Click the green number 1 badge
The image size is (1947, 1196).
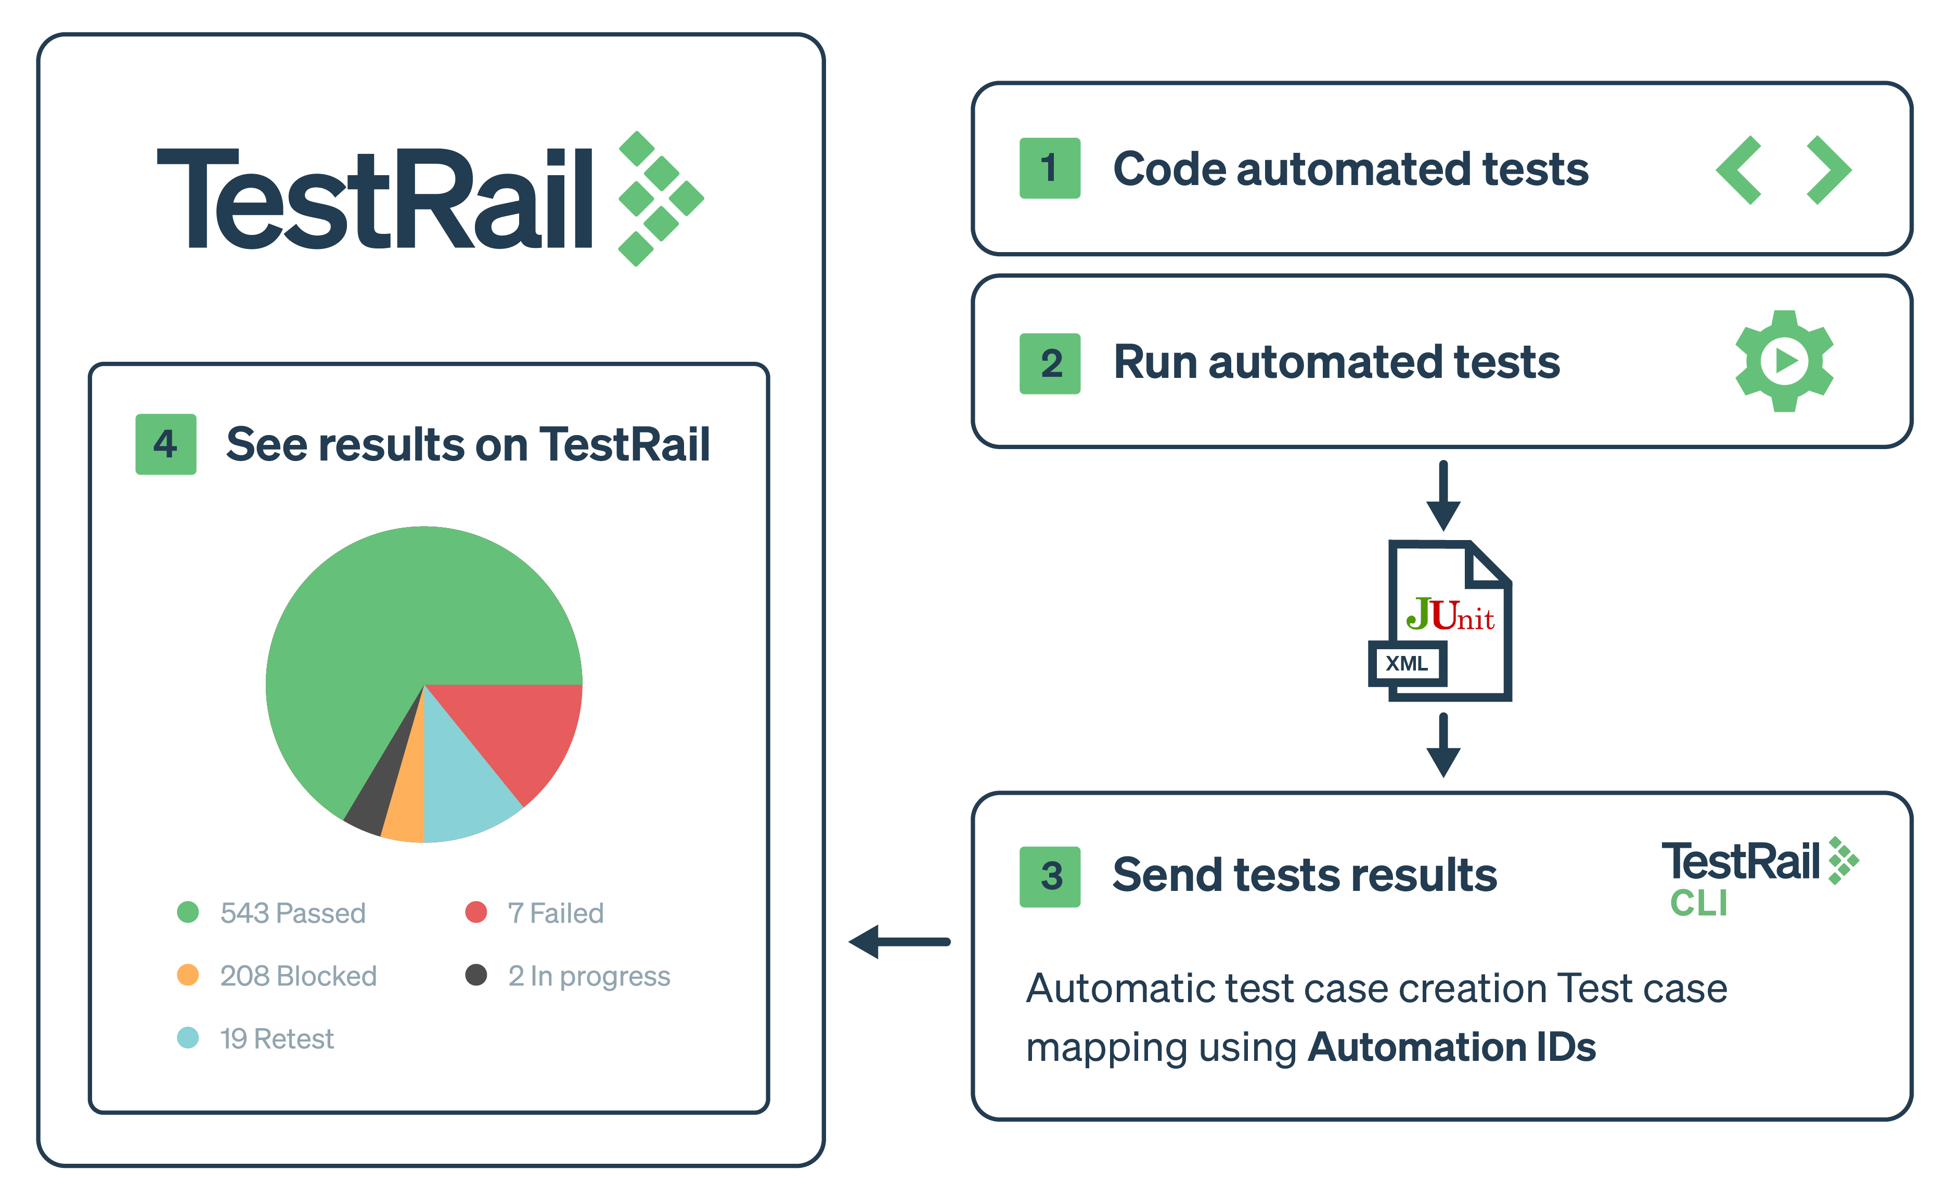coord(1050,168)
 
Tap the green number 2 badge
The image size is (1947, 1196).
coord(1050,364)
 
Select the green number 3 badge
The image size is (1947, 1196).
coord(1050,876)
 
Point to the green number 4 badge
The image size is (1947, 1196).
coord(165,444)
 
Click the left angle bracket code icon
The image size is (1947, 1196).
coord(1739,170)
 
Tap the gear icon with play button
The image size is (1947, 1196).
coord(1784,361)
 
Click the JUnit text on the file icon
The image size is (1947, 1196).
coord(1450,615)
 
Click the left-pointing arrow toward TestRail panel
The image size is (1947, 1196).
coord(899,941)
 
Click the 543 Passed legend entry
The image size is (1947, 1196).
coord(272,913)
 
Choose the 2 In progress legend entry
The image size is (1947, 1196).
coord(568,975)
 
